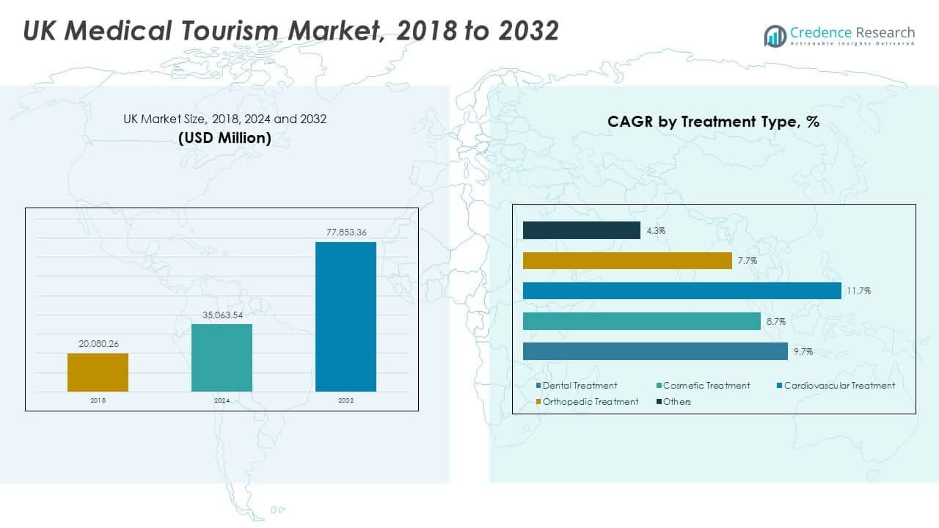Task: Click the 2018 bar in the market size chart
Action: pos(98,373)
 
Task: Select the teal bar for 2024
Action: pos(222,358)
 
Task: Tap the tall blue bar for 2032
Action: pos(346,317)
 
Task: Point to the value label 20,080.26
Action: pos(98,342)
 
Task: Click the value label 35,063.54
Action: pos(222,315)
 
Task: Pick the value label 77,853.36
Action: pos(346,232)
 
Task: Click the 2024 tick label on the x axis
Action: pos(222,401)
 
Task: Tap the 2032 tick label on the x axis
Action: pos(346,401)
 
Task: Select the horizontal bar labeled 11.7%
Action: pos(682,291)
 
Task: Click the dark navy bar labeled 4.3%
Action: pos(581,230)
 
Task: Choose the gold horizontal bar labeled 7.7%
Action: pos(627,260)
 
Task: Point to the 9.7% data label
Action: pos(803,352)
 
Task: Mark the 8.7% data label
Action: pos(775,322)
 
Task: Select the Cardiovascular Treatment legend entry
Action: pos(838,386)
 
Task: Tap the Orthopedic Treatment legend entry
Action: pos(589,402)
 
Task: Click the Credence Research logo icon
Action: pos(775,35)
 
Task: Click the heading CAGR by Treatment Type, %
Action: pos(713,122)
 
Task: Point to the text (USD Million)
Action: pos(224,138)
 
